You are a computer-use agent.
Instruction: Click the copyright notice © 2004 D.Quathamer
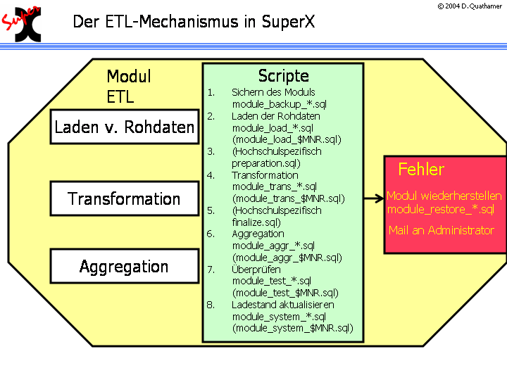[470, 6]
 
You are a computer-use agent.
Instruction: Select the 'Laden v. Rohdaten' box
[125, 127]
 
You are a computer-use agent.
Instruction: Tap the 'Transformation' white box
[125, 199]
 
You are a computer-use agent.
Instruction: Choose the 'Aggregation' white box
[125, 267]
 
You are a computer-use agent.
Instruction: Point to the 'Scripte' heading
[283, 76]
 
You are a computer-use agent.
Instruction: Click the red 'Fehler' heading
[421, 170]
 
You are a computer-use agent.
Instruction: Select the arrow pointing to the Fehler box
[373, 199]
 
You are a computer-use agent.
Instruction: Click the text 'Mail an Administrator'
[442, 230]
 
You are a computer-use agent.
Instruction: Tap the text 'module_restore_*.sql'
[441, 209]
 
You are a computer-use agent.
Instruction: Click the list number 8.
[211, 305]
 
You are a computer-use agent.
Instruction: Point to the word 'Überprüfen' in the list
[256, 270]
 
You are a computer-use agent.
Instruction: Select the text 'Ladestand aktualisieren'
[283, 305]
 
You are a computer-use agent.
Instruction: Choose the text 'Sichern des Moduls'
[273, 92]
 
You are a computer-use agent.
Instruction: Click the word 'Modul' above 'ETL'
[129, 76]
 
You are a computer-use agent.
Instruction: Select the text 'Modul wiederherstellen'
[444, 196]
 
